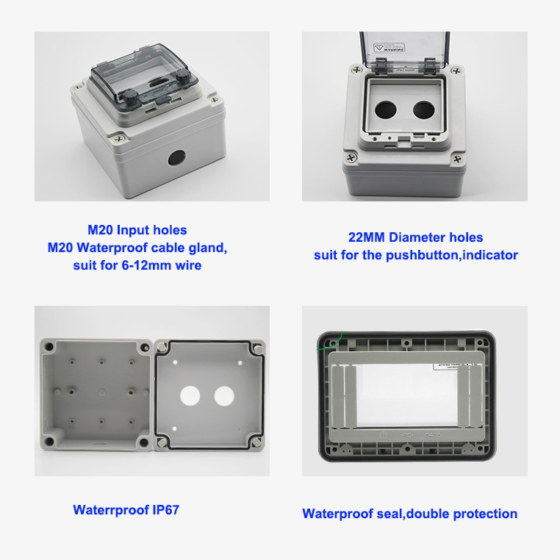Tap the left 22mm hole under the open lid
pyautogui.click(x=384, y=110)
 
